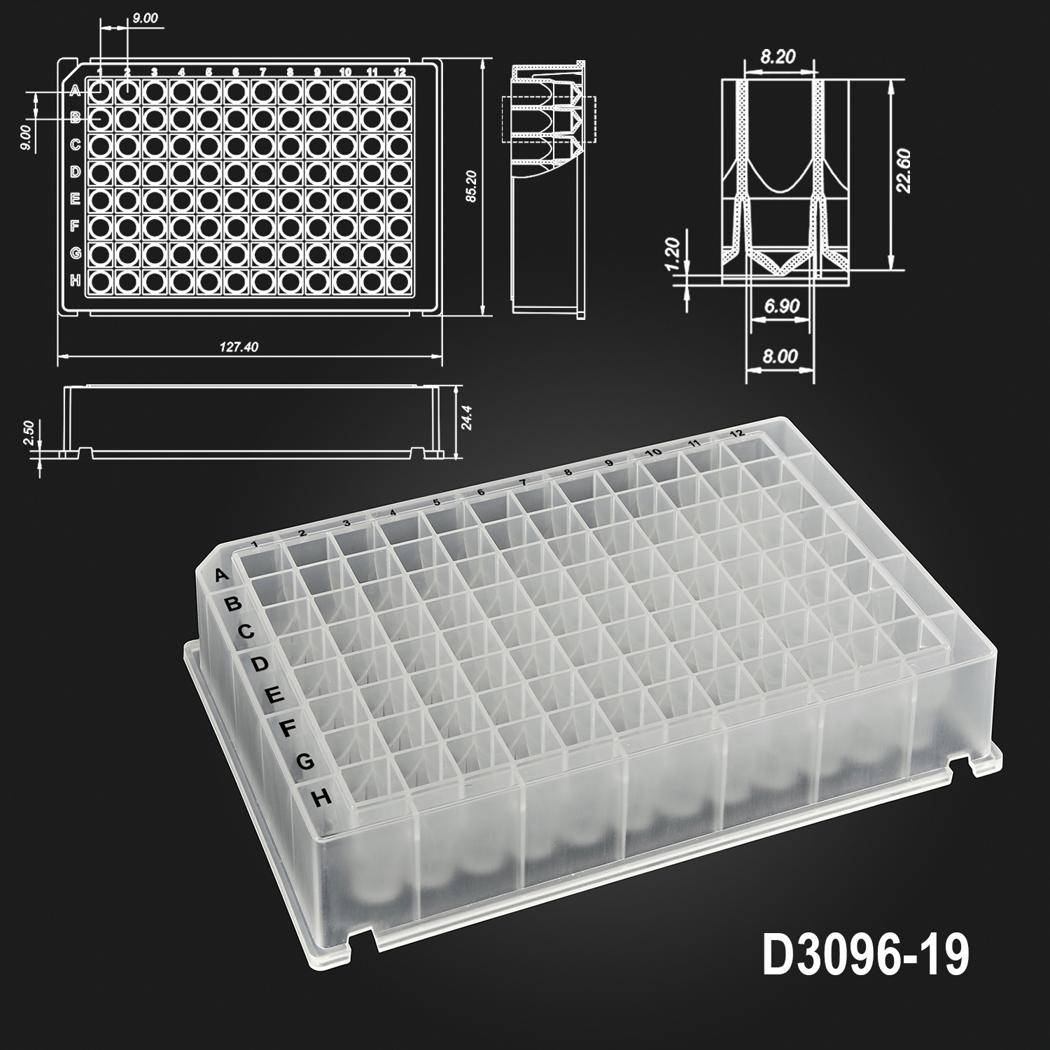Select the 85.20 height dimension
pos(471,187)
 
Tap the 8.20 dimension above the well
pos(778,57)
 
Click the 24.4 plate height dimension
pos(468,418)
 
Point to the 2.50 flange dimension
pos(29,433)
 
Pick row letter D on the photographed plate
pos(259,663)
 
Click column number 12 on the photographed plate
pos(736,434)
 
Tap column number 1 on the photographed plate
pos(256,544)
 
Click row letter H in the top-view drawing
pos(76,280)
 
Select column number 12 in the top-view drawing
pos(400,71)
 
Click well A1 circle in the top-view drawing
pos(100,91)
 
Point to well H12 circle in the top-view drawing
pos(400,281)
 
